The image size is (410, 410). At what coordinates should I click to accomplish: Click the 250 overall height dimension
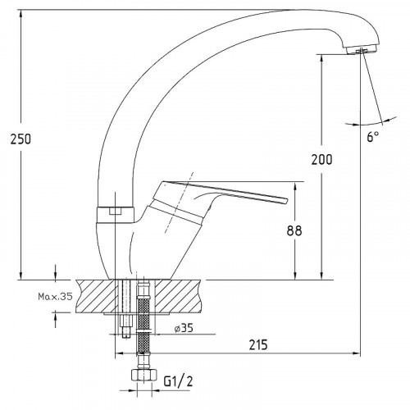pos(20,139)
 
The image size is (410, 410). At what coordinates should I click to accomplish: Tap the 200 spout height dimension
pos(321,159)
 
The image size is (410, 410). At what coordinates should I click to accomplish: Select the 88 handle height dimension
pos(294,230)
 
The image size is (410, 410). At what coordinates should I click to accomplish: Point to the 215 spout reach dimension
pos(258,344)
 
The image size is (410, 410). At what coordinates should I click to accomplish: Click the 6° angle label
pos(373,136)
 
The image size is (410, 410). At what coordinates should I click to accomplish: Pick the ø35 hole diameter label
pos(184,328)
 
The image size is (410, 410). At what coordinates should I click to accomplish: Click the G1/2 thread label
pos(178,380)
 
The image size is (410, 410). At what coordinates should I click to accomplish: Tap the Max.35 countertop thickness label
pos(55,296)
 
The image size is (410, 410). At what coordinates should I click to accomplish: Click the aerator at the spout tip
pos(361,50)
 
